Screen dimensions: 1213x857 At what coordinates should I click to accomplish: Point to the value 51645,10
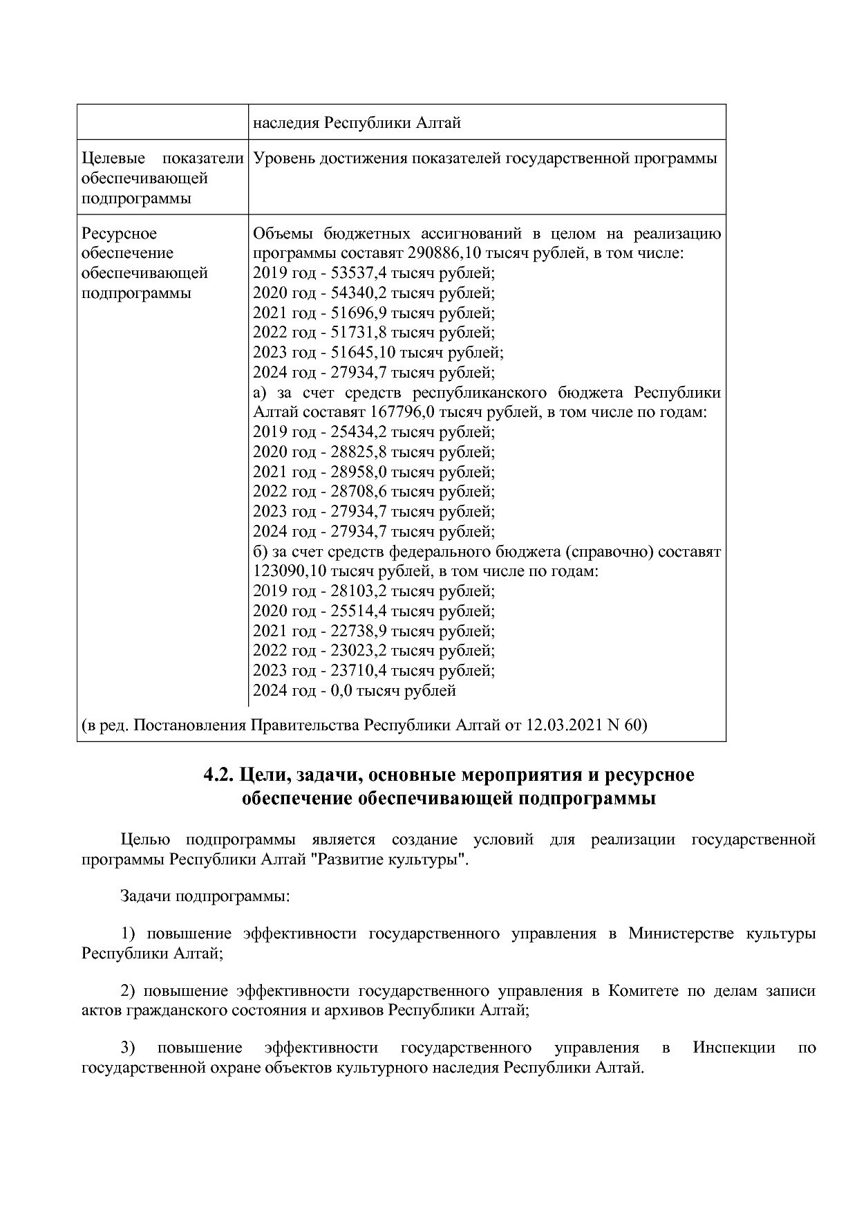click(350, 353)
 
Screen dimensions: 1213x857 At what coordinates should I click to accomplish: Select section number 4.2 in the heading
click(218, 775)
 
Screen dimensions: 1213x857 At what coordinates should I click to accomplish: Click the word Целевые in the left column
click(108, 158)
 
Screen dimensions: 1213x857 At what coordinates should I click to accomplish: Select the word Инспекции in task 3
click(734, 1048)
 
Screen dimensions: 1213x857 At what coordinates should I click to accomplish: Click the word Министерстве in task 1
click(681, 934)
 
